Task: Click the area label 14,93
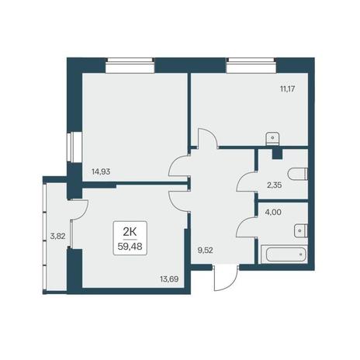101,171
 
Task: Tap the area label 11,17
287,89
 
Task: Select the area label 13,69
169,279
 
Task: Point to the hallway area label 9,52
205,251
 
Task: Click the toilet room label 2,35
274,185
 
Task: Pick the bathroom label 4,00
273,213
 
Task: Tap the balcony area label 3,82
57,236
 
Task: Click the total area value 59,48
130,247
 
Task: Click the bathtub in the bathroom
284,254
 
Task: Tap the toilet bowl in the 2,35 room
298,174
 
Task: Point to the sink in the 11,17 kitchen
272,138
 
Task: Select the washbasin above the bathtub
301,230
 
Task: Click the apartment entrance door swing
226,279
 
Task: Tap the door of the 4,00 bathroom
246,227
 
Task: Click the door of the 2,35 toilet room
246,182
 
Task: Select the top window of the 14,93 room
130,65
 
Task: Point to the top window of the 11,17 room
251,65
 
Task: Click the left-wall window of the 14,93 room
74,147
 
